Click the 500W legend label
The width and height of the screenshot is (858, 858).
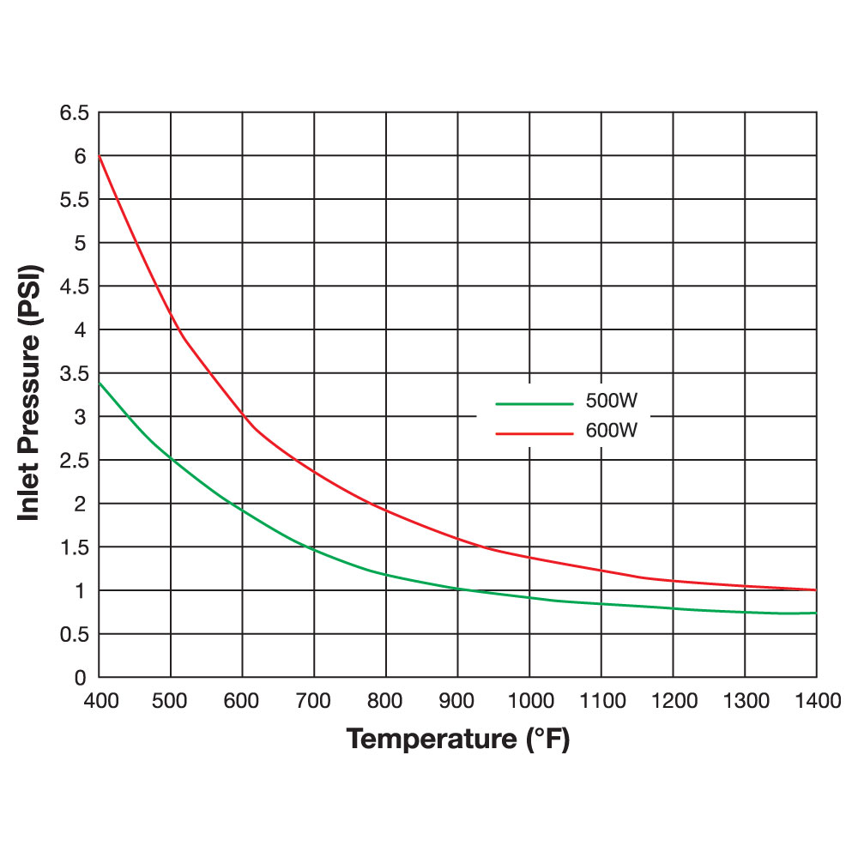pos(612,402)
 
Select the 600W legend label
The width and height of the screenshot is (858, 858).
pos(612,432)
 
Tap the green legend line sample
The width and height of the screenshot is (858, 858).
pos(534,402)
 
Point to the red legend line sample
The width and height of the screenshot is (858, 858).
pos(534,432)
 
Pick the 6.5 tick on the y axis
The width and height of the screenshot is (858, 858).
pos(73,112)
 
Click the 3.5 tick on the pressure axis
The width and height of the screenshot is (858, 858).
pos(73,373)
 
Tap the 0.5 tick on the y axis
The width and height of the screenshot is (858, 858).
pos(73,634)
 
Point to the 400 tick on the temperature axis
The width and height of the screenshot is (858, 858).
pos(100,701)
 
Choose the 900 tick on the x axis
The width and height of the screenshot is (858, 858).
pos(457,701)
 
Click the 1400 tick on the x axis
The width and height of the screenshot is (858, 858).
pos(815,701)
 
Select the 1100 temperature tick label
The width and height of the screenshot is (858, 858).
pos(601,701)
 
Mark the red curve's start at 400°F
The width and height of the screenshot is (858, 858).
pos(100,155)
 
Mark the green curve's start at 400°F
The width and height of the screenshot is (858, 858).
pos(100,382)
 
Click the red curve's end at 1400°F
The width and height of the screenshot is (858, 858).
pos(815,589)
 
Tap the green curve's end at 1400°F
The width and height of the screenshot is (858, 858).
pos(815,613)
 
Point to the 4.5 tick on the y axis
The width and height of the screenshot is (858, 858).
pos(73,287)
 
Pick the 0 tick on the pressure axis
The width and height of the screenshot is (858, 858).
pos(80,678)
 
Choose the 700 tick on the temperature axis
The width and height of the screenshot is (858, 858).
pos(314,701)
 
